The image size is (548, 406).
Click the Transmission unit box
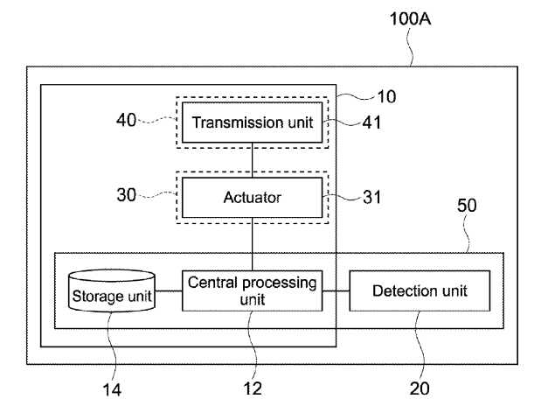pyautogui.click(x=252, y=121)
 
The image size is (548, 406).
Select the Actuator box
pyautogui.click(x=252, y=199)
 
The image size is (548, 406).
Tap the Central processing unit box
pyautogui.click(x=252, y=290)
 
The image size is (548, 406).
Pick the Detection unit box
pyautogui.click(x=419, y=290)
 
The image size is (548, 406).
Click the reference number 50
pyautogui.click(x=468, y=209)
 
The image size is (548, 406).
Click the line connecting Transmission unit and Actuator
pyautogui.click(x=252, y=158)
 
